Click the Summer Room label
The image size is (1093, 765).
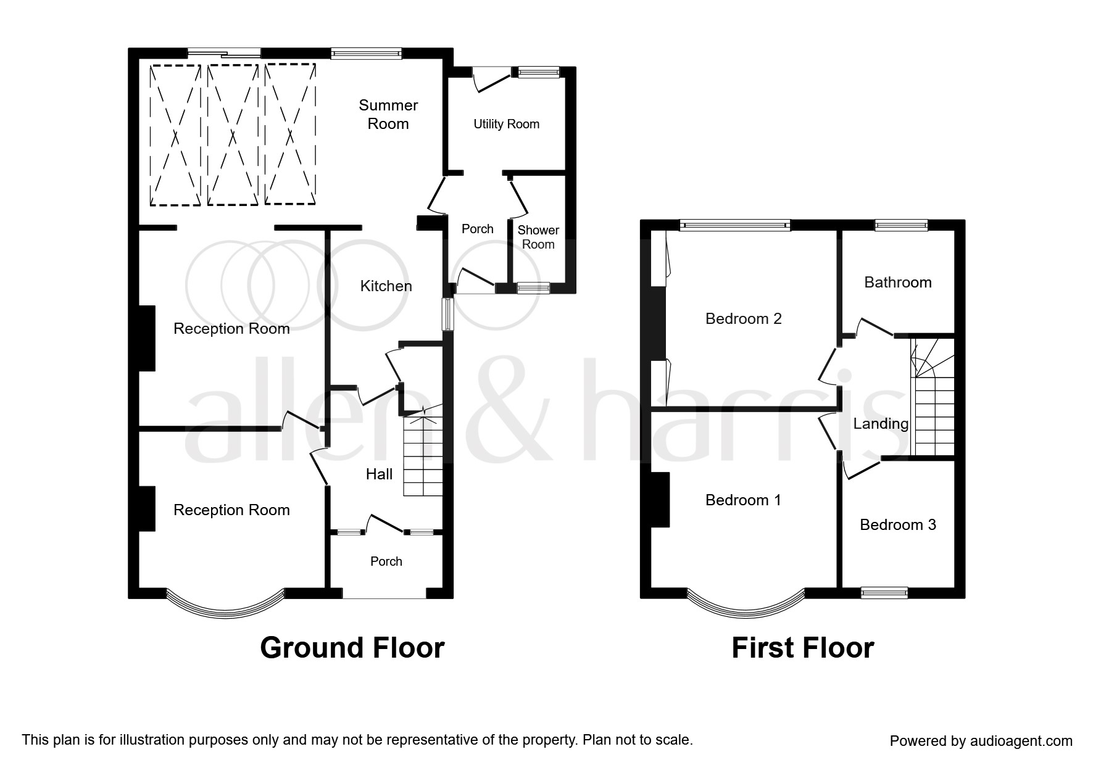tap(388, 114)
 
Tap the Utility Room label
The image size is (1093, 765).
tap(506, 124)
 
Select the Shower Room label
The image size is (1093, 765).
tap(538, 237)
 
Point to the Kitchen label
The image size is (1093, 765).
tap(386, 286)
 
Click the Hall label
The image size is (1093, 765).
tap(379, 474)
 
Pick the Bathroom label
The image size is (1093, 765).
tap(897, 282)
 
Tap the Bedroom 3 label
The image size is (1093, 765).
tap(897, 524)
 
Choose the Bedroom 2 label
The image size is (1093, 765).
tap(743, 318)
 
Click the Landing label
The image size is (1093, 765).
tap(881, 424)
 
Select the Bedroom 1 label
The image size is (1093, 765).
tap(743, 500)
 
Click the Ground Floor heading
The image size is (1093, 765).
tap(352, 648)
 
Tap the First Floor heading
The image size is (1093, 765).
tap(802, 648)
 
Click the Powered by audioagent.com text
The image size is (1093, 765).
tap(981, 741)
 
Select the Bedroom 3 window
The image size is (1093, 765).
tap(884, 593)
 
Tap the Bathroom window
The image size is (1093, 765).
tap(901, 226)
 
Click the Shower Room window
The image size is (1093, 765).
tap(533, 287)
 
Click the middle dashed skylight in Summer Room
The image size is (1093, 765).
tap(232, 134)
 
